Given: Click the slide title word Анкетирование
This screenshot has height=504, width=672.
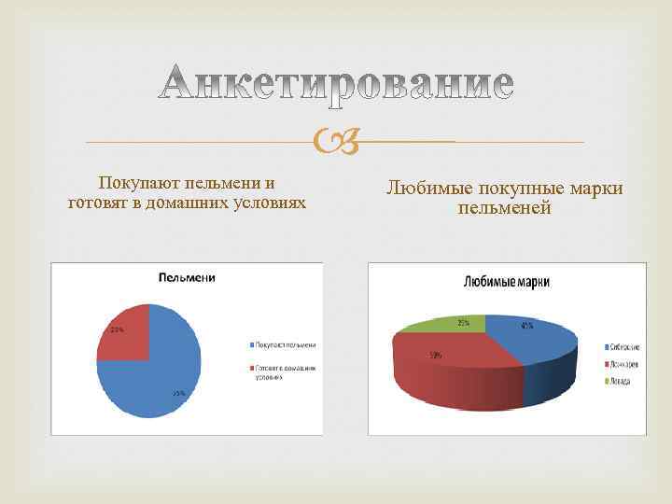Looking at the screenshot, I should pos(335,83).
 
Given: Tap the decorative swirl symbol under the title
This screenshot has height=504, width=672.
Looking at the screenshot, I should pos(336,141).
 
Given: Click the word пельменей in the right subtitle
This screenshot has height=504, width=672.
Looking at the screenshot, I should pos(505,209).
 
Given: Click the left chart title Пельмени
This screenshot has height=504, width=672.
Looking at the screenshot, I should pos(187,277).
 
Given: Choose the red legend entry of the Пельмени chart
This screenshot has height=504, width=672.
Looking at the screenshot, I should pos(284,373).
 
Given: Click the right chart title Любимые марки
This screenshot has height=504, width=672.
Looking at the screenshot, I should pos(506,281).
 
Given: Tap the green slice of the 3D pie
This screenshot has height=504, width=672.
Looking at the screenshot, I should pos(443,325).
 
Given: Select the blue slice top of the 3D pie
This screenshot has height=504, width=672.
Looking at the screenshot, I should pos(527,337).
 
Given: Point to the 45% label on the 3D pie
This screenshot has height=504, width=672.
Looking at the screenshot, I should pos(527,326).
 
